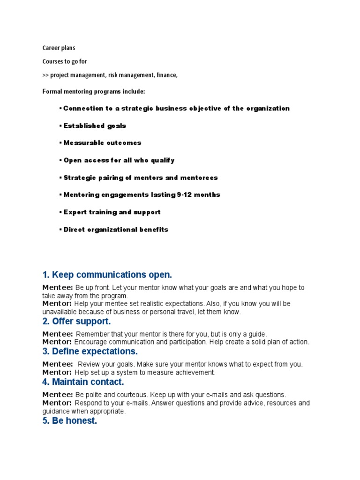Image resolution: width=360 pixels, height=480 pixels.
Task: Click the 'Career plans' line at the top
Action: [x=59, y=48]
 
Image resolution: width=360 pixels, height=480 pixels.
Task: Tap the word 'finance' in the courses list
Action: [x=167, y=75]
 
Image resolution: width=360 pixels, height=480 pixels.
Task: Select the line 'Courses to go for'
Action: [x=65, y=61]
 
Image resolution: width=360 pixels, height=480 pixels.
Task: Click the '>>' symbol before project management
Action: [x=45, y=75]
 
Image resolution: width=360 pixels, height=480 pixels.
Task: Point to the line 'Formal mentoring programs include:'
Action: [x=94, y=91]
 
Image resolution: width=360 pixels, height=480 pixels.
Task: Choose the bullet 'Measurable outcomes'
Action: [x=102, y=143]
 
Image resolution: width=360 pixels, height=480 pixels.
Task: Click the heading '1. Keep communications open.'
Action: [x=107, y=275]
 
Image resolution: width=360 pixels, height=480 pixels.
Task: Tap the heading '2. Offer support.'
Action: [x=76, y=322]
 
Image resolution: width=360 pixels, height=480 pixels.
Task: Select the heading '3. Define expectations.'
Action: [x=90, y=352]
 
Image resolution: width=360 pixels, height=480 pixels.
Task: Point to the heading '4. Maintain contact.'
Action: [x=83, y=382]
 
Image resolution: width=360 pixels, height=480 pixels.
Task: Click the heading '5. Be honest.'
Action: [x=69, y=421]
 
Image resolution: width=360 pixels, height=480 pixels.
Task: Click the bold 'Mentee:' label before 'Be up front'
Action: [x=57, y=287]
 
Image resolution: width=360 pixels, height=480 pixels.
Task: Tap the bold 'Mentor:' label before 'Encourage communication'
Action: [x=57, y=342]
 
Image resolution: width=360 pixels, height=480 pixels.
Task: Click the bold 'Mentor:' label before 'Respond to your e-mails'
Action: [x=57, y=403]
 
